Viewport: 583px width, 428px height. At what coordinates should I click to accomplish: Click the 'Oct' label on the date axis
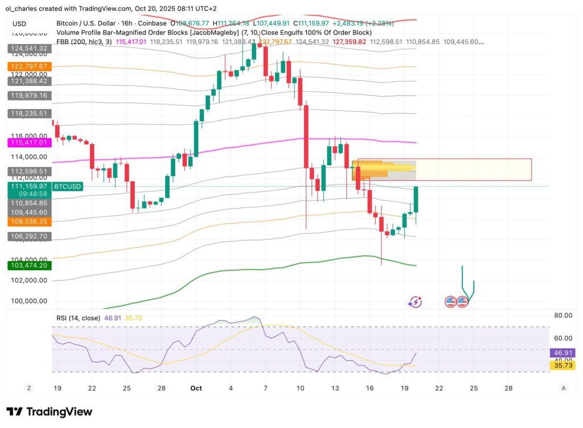(x=196, y=388)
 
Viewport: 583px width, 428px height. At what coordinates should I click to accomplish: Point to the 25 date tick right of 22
(x=473, y=388)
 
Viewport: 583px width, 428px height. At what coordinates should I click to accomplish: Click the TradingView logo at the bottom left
(x=49, y=411)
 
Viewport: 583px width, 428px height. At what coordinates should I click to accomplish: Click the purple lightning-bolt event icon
(x=415, y=302)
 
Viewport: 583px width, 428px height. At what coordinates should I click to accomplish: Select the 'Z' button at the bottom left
(x=28, y=388)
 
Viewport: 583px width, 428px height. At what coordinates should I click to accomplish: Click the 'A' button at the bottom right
(x=564, y=388)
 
